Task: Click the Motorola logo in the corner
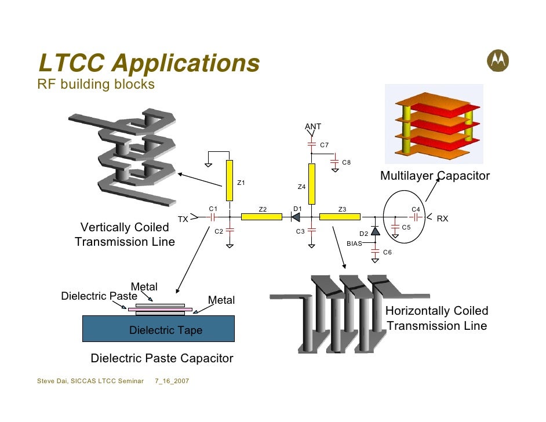point(500,60)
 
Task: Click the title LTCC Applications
point(148,63)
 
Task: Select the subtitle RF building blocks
point(96,85)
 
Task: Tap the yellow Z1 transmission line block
point(230,180)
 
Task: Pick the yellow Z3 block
point(340,217)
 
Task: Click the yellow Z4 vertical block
point(312,184)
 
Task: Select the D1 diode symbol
point(294,217)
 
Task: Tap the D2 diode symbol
point(375,231)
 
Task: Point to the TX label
point(183,219)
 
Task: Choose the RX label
point(442,219)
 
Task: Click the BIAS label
point(354,243)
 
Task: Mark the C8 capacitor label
point(346,162)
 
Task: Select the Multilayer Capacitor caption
point(435,176)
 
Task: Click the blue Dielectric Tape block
point(158,328)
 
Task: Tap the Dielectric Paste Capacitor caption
point(162,358)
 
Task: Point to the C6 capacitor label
point(387,252)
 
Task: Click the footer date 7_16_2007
point(172,381)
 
